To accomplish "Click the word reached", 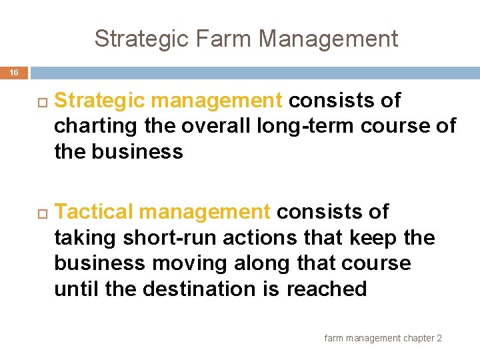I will [x=327, y=289].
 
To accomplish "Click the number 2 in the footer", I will [x=439, y=339].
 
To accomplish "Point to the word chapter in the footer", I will [x=418, y=339].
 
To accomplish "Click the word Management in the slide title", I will [x=328, y=39].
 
